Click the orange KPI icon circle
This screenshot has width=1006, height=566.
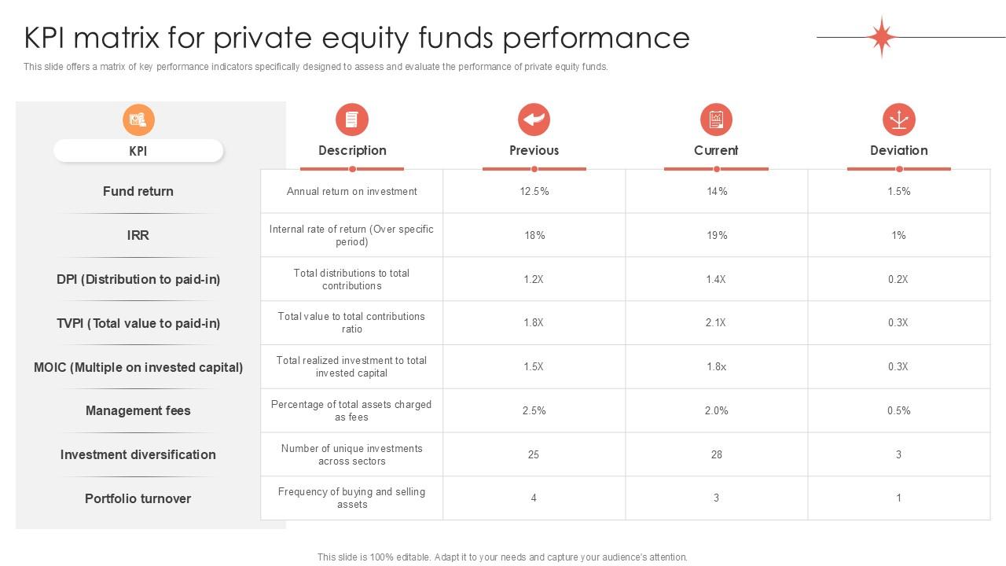tap(138, 120)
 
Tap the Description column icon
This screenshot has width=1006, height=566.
tap(352, 119)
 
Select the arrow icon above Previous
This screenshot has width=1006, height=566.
tap(534, 119)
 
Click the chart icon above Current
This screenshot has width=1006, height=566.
tap(716, 119)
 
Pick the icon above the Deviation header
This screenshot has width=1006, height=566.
tap(899, 119)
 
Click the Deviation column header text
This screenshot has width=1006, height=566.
tap(899, 150)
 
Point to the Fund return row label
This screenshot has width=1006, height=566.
tap(138, 191)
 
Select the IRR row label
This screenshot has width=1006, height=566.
tap(138, 235)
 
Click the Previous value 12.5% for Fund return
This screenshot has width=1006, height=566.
tap(534, 191)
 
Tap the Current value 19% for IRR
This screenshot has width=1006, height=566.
tap(717, 235)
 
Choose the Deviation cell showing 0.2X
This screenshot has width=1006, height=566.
tap(898, 279)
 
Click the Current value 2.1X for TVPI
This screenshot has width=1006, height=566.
tap(715, 322)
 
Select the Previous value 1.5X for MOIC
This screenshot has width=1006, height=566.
tap(534, 366)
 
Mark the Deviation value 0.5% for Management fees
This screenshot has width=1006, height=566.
tap(898, 410)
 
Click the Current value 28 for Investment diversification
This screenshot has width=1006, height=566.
tap(716, 454)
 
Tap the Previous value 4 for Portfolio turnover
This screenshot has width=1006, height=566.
tap(534, 498)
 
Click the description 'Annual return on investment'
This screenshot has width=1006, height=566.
tap(351, 191)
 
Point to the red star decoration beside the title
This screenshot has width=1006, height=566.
tap(882, 37)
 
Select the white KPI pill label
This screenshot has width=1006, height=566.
tap(138, 151)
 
